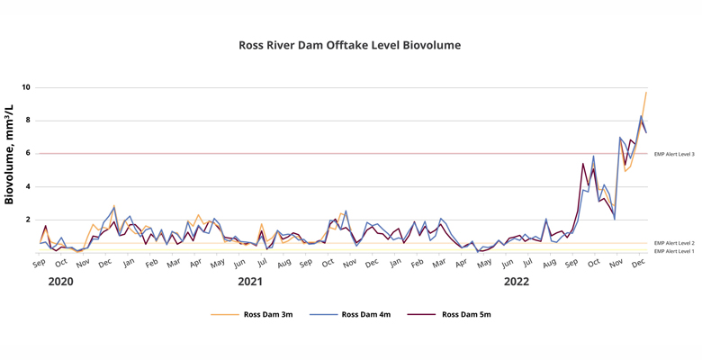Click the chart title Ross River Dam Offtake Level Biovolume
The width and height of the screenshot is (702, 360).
click(351, 44)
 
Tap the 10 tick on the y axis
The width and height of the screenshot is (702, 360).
click(27, 87)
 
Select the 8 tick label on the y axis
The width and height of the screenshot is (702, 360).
click(27, 121)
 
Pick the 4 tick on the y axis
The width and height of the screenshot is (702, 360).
click(27, 187)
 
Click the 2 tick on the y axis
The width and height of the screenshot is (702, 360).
click(27, 220)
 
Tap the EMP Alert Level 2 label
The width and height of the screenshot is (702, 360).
click(674, 243)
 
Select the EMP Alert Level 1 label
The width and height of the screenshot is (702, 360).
click(674, 251)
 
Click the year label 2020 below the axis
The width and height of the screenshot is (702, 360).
click(61, 283)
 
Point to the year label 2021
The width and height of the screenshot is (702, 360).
click(250, 283)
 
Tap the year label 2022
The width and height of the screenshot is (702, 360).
click(516, 283)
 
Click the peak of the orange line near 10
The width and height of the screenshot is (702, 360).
click(645, 93)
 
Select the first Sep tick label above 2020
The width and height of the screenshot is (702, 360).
click(40, 264)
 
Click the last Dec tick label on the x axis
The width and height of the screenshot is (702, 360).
click(638, 264)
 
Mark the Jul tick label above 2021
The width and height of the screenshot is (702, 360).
click(262, 264)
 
